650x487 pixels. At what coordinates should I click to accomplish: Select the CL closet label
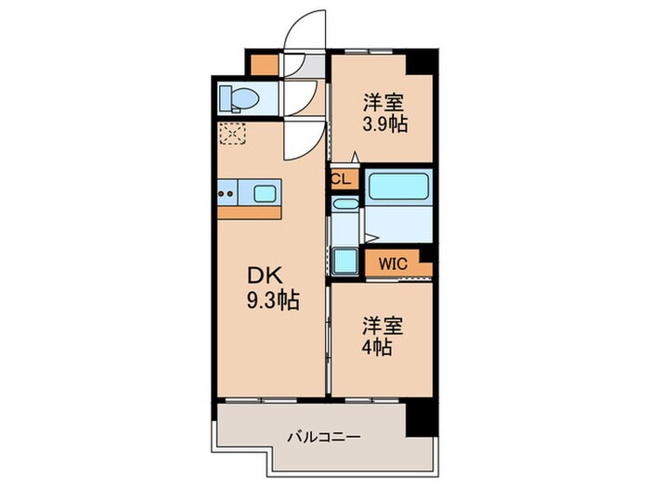pos(340,180)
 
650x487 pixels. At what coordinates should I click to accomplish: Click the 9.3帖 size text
pos(266,301)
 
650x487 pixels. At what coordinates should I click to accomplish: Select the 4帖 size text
pos(378,350)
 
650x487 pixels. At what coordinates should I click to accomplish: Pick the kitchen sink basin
pos(264,194)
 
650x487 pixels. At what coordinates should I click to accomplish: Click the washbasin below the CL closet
pos(344,205)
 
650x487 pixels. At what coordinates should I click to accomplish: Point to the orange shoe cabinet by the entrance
pos(265,64)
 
